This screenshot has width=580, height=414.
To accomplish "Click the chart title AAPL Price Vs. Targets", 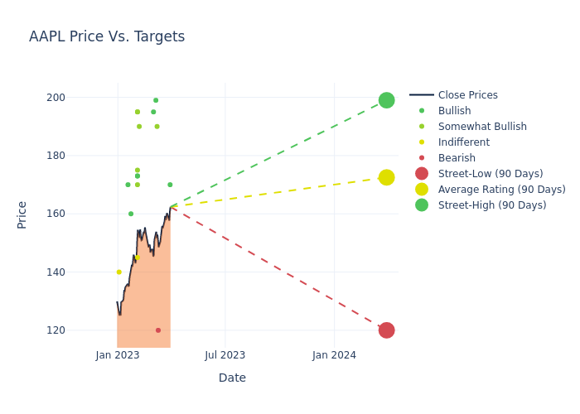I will click(x=107, y=37).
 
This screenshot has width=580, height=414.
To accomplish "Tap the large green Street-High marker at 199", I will click(x=386, y=100).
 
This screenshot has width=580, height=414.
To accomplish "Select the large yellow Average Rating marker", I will click(x=386, y=177).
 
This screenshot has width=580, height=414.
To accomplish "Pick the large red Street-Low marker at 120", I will click(x=386, y=330).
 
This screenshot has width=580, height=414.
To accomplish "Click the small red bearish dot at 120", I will click(x=158, y=330).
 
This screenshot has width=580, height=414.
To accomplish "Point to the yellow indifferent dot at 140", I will click(x=118, y=272).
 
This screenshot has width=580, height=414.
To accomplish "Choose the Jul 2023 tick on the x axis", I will click(x=225, y=355).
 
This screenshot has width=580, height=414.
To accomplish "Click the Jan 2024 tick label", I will click(x=335, y=355).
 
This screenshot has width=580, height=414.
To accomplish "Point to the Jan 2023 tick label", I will click(x=118, y=355).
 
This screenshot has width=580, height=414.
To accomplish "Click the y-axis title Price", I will click(x=22, y=214).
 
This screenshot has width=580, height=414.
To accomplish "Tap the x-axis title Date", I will click(x=232, y=378).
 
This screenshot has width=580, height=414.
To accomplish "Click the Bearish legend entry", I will click(x=457, y=158).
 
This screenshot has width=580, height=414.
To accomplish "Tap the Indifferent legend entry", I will click(x=463, y=142).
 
